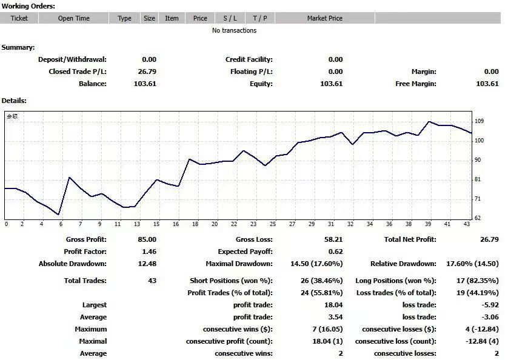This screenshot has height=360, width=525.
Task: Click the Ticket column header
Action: [19, 18]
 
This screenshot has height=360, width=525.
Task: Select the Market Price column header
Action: [324, 18]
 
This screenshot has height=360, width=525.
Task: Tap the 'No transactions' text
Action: [234, 30]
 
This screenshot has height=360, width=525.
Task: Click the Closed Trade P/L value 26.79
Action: [147, 72]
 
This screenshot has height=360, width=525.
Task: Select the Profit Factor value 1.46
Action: [149, 252]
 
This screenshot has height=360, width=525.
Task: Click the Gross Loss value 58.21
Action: [333, 239]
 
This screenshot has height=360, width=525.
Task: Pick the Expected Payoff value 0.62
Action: [336, 252]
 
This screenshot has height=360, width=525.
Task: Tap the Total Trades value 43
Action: [152, 281]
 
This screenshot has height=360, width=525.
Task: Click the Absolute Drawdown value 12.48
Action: [147, 264]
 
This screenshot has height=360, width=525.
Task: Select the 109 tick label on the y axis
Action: [479, 121]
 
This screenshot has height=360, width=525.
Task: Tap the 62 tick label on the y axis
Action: [478, 218]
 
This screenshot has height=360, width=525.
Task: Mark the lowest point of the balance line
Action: [58, 215]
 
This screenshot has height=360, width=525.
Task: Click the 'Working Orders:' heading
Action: [28, 6]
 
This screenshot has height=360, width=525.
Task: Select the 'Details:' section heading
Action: [14, 101]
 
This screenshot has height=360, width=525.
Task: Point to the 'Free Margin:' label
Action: [415, 84]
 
